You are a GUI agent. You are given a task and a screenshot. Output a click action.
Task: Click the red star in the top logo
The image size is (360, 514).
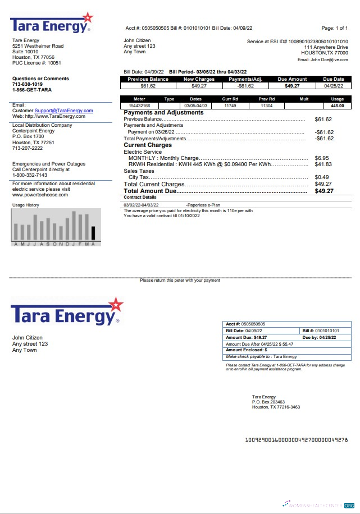[x=87, y=19]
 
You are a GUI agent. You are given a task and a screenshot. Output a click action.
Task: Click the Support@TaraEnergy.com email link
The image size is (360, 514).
[x=63, y=111]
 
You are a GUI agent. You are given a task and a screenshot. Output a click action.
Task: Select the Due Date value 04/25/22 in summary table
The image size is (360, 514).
[x=334, y=86]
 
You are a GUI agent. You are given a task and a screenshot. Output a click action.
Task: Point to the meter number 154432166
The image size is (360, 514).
[x=140, y=105]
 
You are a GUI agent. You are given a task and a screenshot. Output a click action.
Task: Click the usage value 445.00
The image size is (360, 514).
[x=337, y=105]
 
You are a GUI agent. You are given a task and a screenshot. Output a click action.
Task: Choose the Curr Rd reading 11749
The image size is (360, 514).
[x=230, y=105]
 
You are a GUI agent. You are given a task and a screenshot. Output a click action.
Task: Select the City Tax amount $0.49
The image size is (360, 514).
[x=322, y=177]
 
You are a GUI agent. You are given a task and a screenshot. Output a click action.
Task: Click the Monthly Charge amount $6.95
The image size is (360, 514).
[x=322, y=158]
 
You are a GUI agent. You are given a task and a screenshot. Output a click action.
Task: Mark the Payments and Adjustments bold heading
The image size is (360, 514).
[x=163, y=113]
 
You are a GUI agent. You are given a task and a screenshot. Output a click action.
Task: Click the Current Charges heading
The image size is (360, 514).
[x=148, y=145]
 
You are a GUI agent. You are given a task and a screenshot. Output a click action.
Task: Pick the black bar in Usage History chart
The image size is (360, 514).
[x=94, y=233]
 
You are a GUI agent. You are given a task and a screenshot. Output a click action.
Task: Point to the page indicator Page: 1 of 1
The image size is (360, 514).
[x=334, y=27]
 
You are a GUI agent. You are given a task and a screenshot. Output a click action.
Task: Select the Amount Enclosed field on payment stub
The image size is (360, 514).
[x=246, y=350]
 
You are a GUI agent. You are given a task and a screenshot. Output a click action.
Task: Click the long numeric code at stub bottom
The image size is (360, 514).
[x=297, y=439]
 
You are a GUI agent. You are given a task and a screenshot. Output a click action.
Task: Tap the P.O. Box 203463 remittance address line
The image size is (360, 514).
[x=268, y=402]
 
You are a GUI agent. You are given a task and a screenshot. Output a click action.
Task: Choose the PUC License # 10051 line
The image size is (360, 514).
[x=37, y=63]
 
